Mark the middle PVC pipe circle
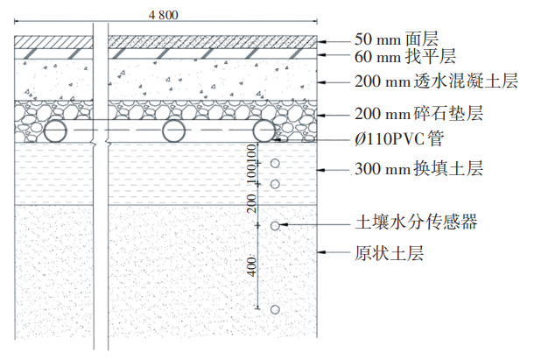pyautogui.click(x=173, y=132)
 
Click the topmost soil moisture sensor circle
pyautogui.click(x=276, y=164)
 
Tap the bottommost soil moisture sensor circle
pyautogui.click(x=276, y=309)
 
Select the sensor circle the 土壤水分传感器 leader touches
pyautogui.click(x=276, y=226)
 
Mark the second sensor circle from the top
pyautogui.click(x=276, y=184)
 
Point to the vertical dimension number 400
pyautogui.click(x=252, y=266)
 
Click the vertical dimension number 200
pyautogui.click(x=252, y=203)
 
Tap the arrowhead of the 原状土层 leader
pyautogui.click(x=320, y=253)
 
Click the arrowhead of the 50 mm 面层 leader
pyautogui.click(x=320, y=39)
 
